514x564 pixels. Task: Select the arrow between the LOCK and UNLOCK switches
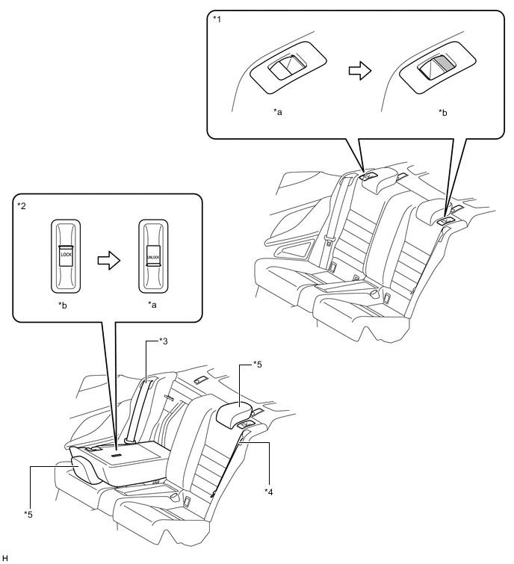pos(108,256)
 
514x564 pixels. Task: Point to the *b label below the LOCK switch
pos(65,307)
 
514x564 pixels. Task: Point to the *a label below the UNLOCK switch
pos(152,307)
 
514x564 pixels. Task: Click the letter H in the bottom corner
pos(5,558)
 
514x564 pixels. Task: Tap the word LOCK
pos(65,255)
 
